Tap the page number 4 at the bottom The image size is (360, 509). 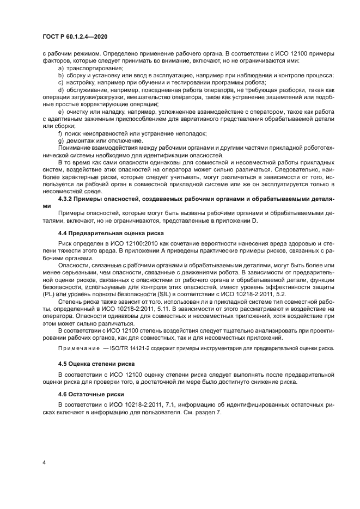[x=44, y=462]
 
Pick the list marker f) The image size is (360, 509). [x=61, y=133]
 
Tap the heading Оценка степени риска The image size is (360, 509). [x=100, y=363]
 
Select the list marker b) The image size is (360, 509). [x=61, y=76]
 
